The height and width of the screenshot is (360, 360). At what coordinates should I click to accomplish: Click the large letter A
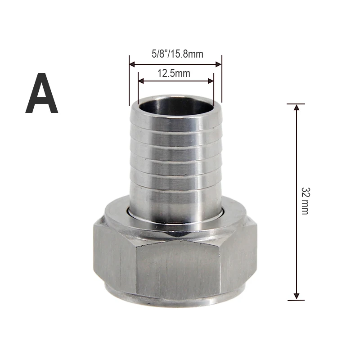click(x=41, y=94)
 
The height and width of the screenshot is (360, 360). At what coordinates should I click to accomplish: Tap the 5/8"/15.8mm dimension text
click(x=177, y=54)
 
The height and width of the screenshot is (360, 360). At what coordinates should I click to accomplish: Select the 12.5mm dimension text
click(x=174, y=73)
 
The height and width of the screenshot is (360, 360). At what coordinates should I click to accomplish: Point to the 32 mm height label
click(x=305, y=201)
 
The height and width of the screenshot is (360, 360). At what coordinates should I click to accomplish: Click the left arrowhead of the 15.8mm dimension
click(x=132, y=64)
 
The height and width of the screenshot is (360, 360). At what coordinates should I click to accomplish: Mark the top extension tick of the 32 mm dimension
click(x=296, y=104)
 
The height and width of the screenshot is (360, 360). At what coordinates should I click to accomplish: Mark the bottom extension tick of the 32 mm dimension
click(x=296, y=300)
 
